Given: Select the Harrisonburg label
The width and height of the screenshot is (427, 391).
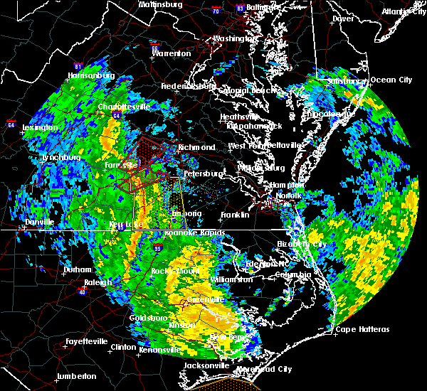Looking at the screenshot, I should pyautogui.click(x=91, y=75).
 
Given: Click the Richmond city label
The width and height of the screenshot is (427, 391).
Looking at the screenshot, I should pyautogui.click(x=197, y=147).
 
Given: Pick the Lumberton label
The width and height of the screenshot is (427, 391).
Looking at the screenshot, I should pyautogui.click(x=76, y=376).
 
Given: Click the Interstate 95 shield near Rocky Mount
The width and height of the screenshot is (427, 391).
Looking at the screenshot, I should pyautogui.click(x=157, y=249).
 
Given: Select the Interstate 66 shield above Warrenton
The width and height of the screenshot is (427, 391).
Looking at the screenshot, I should pyautogui.click(x=155, y=43).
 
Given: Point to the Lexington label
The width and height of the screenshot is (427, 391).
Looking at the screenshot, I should pyautogui.click(x=40, y=128).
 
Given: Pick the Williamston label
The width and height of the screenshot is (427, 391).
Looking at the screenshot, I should pyautogui.click(x=231, y=279).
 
